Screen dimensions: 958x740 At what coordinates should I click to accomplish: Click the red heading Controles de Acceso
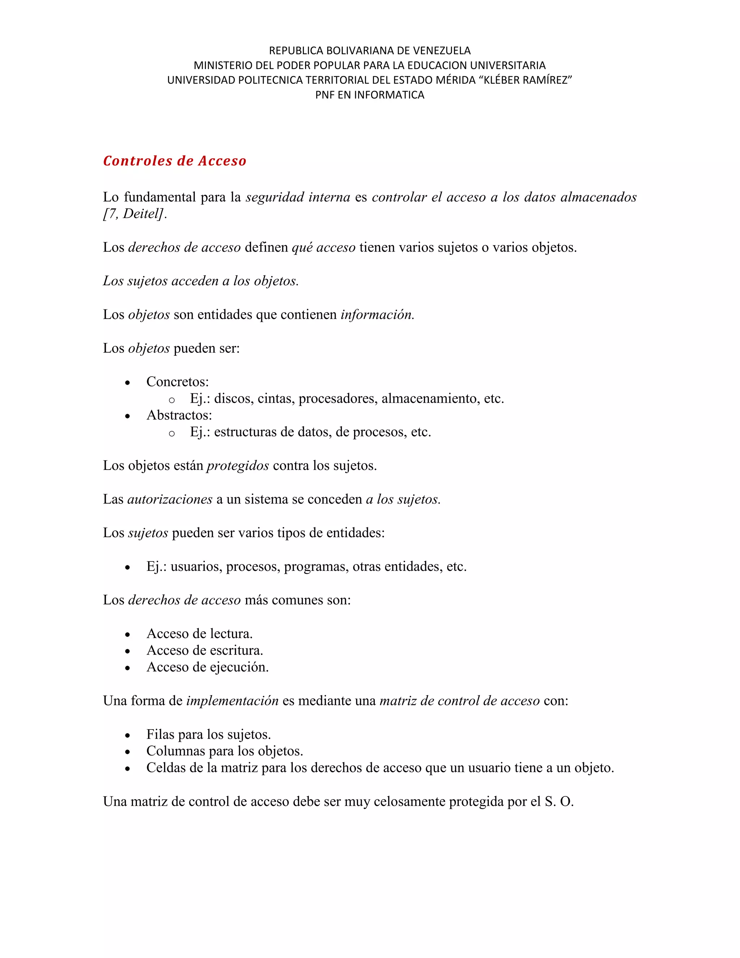(x=175, y=161)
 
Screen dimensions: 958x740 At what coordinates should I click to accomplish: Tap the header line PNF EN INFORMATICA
(x=370, y=95)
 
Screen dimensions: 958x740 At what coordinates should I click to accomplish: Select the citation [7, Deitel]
(x=134, y=214)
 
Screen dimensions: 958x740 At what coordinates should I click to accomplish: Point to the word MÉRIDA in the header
(x=455, y=80)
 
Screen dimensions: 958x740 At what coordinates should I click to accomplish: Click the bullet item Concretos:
(x=177, y=382)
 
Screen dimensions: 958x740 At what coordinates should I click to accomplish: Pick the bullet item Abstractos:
(x=179, y=415)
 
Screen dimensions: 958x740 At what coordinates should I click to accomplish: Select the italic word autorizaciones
(x=170, y=499)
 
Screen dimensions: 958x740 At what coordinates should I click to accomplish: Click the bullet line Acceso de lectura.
(x=199, y=633)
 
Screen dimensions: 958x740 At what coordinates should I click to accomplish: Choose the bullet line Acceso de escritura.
(x=205, y=650)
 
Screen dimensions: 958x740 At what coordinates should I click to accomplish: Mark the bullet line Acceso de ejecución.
(x=207, y=667)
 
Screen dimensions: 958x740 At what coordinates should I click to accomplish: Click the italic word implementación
(x=232, y=701)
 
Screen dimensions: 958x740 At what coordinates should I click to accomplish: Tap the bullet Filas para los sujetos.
(x=209, y=734)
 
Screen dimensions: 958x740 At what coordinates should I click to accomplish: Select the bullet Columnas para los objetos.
(x=224, y=751)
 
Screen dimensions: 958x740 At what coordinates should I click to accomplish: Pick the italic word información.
(x=377, y=315)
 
